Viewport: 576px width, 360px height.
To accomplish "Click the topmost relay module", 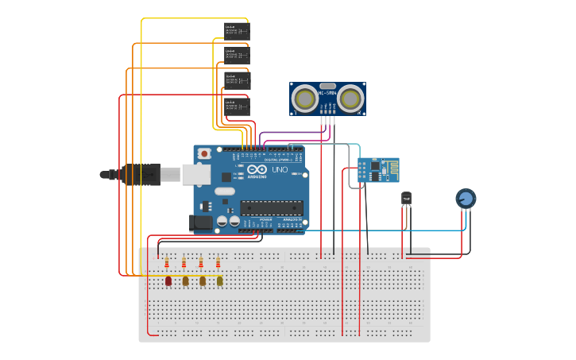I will click(236, 30).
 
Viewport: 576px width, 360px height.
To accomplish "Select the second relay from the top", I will click(236, 54).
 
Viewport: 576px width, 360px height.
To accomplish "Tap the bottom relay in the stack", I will click(236, 106).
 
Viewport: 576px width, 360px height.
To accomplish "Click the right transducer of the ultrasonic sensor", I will click(351, 99).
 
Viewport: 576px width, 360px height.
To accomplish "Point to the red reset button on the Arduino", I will click(204, 153).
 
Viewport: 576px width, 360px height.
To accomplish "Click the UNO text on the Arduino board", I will click(280, 169).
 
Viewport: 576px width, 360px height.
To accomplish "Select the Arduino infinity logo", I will click(257, 169).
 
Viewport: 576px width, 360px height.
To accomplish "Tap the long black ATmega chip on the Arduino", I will click(271, 207).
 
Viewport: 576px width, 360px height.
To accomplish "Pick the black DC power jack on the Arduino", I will click(202, 223).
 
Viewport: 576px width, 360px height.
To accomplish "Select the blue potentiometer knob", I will click(466, 198).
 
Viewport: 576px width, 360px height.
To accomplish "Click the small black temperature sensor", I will click(407, 198).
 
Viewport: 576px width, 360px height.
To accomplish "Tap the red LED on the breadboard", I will click(168, 281).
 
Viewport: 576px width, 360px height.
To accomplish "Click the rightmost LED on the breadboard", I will click(220, 281).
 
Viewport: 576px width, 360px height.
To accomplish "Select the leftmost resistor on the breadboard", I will click(167, 262).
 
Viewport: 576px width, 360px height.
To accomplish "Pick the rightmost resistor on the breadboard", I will click(218, 262).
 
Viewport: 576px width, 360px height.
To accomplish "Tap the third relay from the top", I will click(236, 79).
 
